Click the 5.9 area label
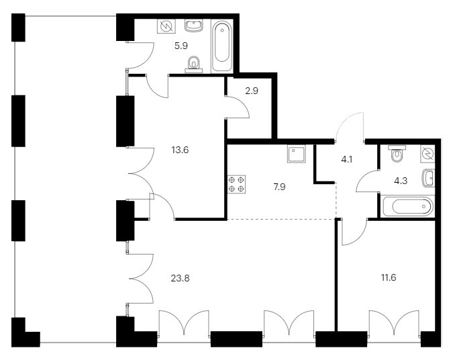click(181, 46)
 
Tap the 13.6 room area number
click(180, 150)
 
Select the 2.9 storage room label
click(252, 91)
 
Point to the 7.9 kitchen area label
click(279, 187)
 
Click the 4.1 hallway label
click(347, 159)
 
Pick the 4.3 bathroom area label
click(401, 181)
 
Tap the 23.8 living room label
click(180, 279)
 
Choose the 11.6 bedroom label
click(389, 278)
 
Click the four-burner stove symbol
click(236, 184)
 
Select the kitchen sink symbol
click(297, 154)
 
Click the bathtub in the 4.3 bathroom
click(407, 206)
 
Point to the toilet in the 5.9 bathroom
click(194, 64)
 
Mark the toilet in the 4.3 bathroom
click(397, 154)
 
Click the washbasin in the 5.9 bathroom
click(194, 25)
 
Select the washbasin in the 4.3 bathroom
click(429, 178)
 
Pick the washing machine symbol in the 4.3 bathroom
click(427, 153)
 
